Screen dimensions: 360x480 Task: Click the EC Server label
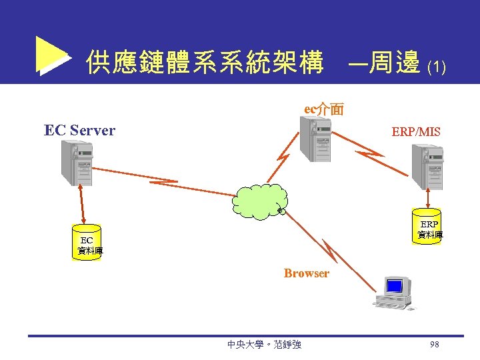point(79,130)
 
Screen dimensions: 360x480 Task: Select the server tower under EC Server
point(77,163)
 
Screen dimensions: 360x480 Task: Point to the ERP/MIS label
point(416,132)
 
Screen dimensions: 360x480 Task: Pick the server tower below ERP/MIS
point(427,167)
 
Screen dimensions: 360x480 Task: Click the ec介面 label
point(324,109)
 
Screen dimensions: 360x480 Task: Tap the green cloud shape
point(261,200)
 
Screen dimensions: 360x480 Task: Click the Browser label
point(306,273)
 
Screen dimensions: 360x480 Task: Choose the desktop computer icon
point(395,294)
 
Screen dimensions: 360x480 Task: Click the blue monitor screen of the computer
point(395,286)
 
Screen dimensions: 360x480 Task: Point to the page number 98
point(435,344)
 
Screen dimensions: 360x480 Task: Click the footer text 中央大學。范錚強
point(264,345)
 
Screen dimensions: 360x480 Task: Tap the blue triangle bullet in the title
point(52,56)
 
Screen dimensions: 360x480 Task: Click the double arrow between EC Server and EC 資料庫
point(83,205)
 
